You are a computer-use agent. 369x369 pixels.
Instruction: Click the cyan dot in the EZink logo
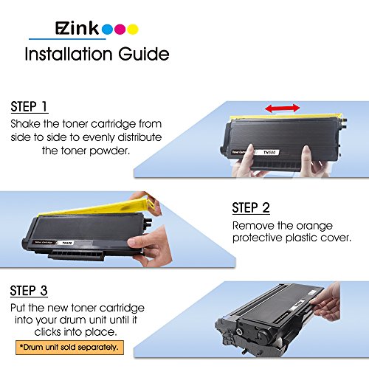click(x=107, y=30)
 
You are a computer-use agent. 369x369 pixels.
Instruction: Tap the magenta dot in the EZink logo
click(x=120, y=30)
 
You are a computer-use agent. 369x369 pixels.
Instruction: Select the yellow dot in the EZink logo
click(x=133, y=30)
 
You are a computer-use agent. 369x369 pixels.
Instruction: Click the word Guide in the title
click(x=144, y=54)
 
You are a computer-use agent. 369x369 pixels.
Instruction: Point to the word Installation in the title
click(x=69, y=54)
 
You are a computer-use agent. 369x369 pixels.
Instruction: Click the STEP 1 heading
click(x=29, y=107)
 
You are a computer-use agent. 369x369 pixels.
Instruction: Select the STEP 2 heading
click(x=251, y=208)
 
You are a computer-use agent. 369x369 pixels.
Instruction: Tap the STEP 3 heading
click(x=29, y=291)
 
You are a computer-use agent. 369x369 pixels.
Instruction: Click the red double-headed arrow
click(x=283, y=108)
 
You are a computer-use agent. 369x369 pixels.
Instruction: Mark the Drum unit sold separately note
click(x=69, y=348)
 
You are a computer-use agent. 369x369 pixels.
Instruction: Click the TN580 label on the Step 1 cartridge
click(x=269, y=153)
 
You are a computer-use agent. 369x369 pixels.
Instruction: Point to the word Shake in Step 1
click(x=25, y=124)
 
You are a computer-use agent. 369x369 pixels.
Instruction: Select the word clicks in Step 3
click(x=47, y=332)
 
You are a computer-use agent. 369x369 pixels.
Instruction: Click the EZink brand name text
click(x=77, y=29)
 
